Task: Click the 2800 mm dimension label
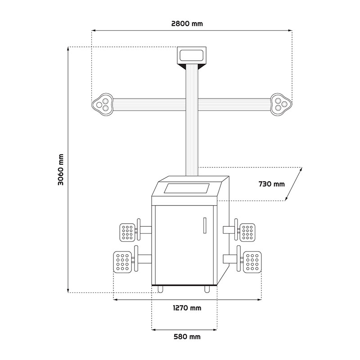tap(187, 24)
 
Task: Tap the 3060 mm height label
tap(61, 170)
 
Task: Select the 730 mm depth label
tap(272, 184)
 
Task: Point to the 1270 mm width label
tap(187, 308)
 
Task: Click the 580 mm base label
tap(187, 337)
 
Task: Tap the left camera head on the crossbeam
tap(103, 104)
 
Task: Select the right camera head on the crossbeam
tap(281, 104)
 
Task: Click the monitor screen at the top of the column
tap(192, 55)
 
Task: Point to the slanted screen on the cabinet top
tap(186, 188)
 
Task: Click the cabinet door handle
tap(205, 225)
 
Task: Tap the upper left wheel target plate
tap(127, 232)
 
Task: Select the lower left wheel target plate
tap(122, 262)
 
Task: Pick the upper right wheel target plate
tap(247, 232)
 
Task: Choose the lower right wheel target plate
tap(252, 262)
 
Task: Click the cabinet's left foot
tap(160, 289)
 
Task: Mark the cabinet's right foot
tap(207, 289)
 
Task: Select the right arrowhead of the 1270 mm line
tap(260, 299)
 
